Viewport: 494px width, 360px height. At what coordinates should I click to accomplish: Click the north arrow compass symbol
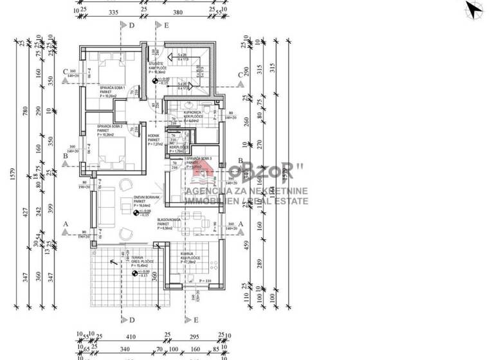[x=475, y=10]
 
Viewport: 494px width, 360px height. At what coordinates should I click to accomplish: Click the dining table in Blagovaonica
[x=196, y=225]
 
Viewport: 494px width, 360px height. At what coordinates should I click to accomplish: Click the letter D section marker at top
[x=131, y=26]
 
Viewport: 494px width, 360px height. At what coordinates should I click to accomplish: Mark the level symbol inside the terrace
[x=134, y=274]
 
